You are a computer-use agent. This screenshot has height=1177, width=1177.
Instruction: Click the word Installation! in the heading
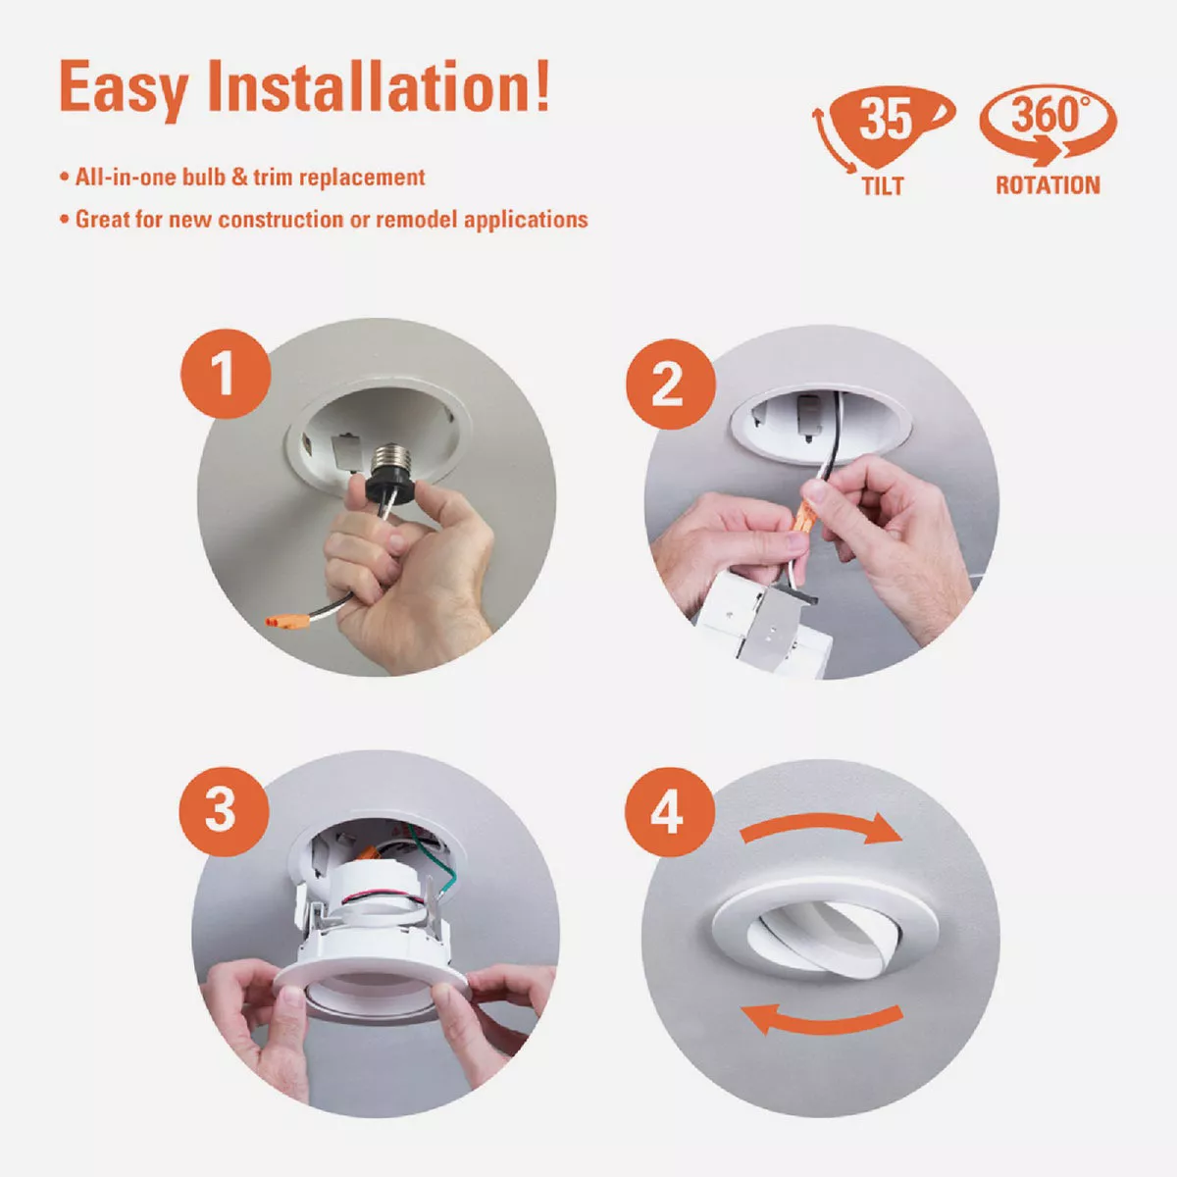[379, 86]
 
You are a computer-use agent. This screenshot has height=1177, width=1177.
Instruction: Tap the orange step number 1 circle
[226, 373]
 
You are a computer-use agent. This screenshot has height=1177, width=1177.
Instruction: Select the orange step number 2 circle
[670, 384]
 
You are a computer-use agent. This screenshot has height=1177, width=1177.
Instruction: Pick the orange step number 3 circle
[225, 811]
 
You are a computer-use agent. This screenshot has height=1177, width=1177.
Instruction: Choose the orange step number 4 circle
[669, 812]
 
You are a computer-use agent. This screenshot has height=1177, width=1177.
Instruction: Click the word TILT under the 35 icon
[883, 186]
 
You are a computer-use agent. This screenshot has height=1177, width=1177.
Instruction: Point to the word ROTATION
[1048, 185]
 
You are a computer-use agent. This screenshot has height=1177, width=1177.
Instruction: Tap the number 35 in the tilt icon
[886, 119]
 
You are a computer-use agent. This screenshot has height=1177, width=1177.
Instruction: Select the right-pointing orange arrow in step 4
[822, 827]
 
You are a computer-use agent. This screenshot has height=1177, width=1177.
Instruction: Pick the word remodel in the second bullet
[417, 220]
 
